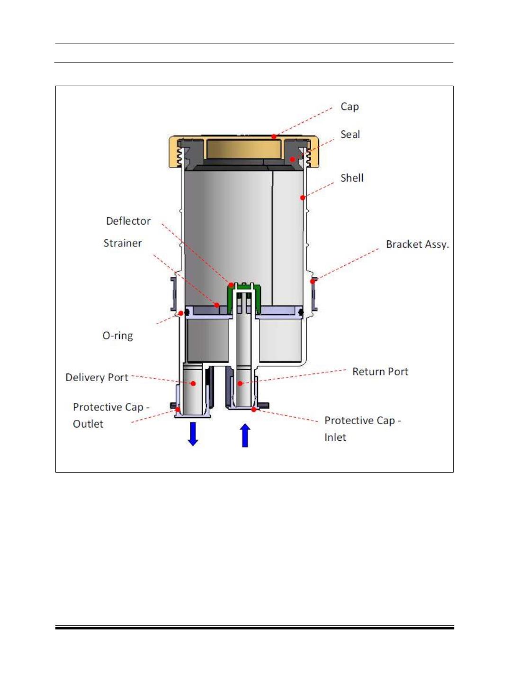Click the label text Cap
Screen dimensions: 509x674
pos(349,107)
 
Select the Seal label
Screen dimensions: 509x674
pos(350,134)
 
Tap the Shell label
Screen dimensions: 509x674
pos(352,178)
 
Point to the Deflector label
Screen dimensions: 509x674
pos(128,221)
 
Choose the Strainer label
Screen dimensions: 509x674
pos(123,243)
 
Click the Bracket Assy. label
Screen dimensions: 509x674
pos(417,245)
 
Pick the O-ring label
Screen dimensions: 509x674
pos(118,336)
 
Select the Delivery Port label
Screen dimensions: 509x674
pos(97,377)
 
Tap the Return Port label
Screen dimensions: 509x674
pos(380,372)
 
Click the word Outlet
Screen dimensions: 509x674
pos(88,424)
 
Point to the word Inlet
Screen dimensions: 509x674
pos(335,437)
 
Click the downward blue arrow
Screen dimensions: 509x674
pos(193,434)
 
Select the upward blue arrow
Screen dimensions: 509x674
pos(245,436)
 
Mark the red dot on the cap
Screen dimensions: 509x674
pos(274,137)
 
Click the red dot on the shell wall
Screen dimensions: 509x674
pos(303,198)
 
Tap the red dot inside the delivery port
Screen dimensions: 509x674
pos(193,383)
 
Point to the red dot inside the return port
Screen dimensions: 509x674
pos(240,383)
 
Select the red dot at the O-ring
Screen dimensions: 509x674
pos(181,313)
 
